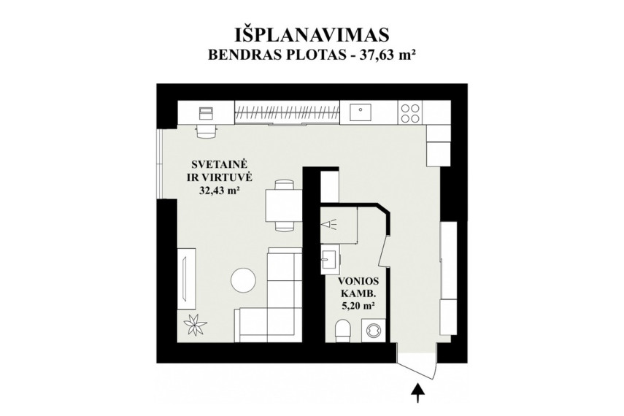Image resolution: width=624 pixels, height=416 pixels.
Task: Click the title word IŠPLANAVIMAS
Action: [312, 35]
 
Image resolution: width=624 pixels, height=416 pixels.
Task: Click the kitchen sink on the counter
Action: [360, 112]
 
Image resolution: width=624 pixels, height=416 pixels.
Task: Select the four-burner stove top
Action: [409, 112]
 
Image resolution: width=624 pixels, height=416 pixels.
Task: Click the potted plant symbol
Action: [196, 325]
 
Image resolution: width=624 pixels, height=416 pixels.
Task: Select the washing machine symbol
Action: [374, 331]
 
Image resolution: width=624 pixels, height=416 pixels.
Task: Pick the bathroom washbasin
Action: [329, 259]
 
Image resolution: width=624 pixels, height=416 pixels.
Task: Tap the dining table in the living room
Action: [285, 205]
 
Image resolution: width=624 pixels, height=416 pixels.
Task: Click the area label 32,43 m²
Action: [219, 190]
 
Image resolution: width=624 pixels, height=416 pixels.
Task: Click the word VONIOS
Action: [358, 282]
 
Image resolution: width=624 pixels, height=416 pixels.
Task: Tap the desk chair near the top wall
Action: [205, 131]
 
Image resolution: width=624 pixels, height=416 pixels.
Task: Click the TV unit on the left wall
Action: [187, 278]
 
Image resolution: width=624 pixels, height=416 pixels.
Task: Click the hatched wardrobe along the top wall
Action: [287, 112]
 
